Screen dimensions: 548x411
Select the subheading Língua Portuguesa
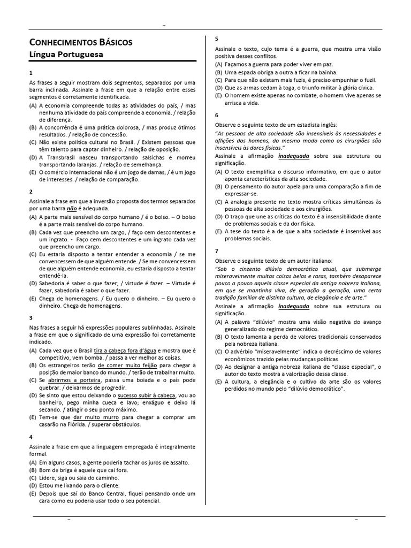point(66,55)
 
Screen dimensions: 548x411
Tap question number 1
point(31,72)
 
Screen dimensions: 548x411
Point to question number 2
point(31,191)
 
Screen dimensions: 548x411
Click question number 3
point(31,317)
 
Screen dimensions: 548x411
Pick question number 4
point(31,436)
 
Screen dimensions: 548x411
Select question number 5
point(217,39)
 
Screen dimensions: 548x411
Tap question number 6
point(217,115)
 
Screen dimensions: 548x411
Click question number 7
point(217,250)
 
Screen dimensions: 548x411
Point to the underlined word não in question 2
point(72,208)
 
